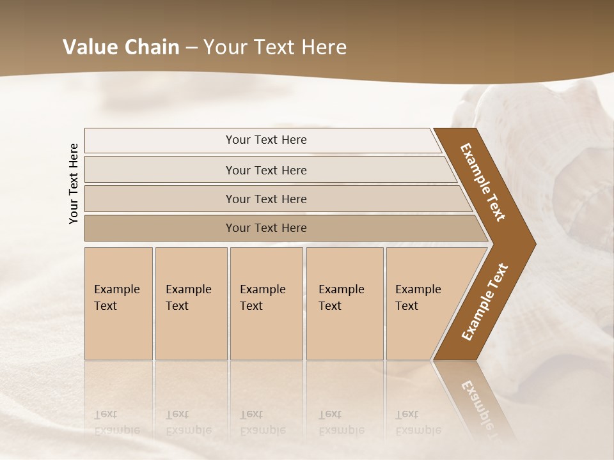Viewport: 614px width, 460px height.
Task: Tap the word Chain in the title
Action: (x=152, y=47)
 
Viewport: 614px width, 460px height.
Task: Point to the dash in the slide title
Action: (x=191, y=48)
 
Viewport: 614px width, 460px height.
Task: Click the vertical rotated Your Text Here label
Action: (x=74, y=183)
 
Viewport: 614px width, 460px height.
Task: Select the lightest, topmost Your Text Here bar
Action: (x=265, y=140)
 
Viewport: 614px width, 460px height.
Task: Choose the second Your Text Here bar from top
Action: (x=265, y=170)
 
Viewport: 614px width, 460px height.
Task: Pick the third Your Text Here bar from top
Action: (x=265, y=199)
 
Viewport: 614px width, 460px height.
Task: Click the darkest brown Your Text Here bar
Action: (x=265, y=228)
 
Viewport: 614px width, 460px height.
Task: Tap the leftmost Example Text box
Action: (x=118, y=303)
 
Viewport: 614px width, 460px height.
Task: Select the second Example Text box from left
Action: (x=191, y=303)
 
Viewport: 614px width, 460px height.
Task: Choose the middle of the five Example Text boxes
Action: (x=266, y=303)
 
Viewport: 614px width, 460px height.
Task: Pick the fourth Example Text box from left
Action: (x=345, y=303)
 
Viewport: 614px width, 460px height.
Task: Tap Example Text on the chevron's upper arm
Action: (x=483, y=182)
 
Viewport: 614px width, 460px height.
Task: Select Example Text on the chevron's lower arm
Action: (x=485, y=302)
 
